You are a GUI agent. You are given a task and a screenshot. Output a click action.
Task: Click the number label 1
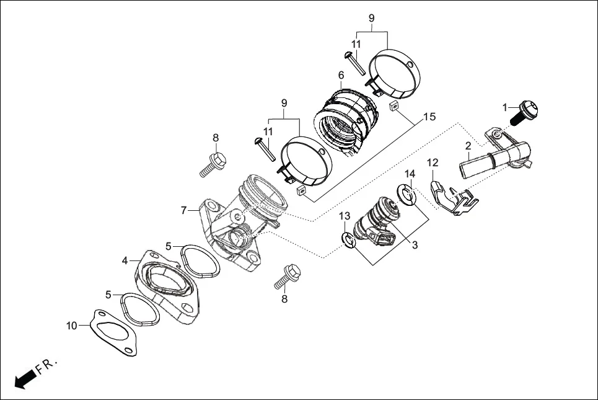click(x=505, y=106)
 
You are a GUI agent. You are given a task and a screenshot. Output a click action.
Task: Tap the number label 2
click(x=468, y=146)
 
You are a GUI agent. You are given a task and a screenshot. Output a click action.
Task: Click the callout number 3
click(x=415, y=245)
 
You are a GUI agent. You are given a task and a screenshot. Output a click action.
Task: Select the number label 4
click(x=125, y=261)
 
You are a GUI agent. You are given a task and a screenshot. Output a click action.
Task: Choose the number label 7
click(x=184, y=211)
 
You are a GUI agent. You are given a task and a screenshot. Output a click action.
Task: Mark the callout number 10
click(x=73, y=325)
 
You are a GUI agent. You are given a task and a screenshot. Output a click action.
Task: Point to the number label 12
click(x=433, y=162)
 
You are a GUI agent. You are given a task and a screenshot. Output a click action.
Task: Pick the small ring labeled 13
click(x=349, y=240)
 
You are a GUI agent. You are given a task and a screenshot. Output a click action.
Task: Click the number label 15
click(x=429, y=117)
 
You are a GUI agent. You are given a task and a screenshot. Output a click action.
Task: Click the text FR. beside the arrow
click(x=47, y=366)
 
